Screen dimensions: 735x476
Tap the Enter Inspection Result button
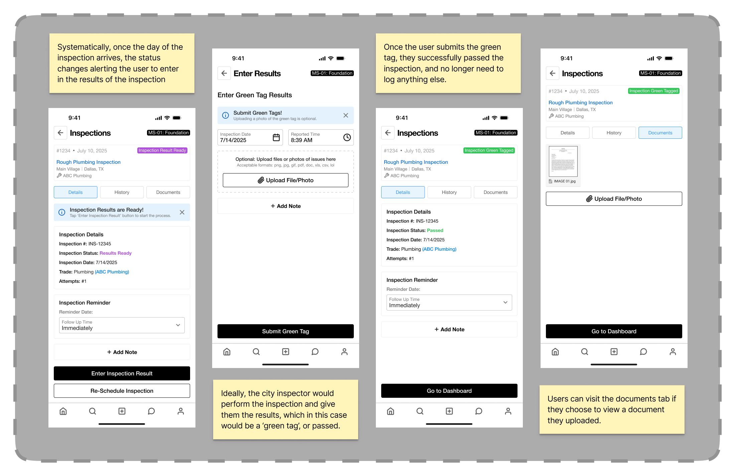122,373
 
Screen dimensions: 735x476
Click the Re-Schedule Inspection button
122,391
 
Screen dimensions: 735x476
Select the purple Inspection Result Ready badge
162,150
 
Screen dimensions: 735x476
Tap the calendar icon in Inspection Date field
276,137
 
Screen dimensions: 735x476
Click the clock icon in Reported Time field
347,137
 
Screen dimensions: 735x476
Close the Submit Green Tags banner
346,115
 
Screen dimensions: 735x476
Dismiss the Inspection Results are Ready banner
182,212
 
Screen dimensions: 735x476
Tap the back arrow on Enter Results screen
224,73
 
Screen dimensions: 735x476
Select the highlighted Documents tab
660,133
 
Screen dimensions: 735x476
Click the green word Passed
435,230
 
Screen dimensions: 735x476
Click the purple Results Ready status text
116,253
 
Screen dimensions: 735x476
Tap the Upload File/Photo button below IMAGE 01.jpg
614,199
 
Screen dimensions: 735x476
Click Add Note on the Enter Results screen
286,206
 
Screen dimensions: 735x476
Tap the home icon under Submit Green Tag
227,352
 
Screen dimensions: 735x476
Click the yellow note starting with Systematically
122,63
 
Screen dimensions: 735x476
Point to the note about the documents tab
612,409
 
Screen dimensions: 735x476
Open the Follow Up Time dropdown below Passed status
449,303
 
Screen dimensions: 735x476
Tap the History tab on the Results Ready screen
122,192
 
